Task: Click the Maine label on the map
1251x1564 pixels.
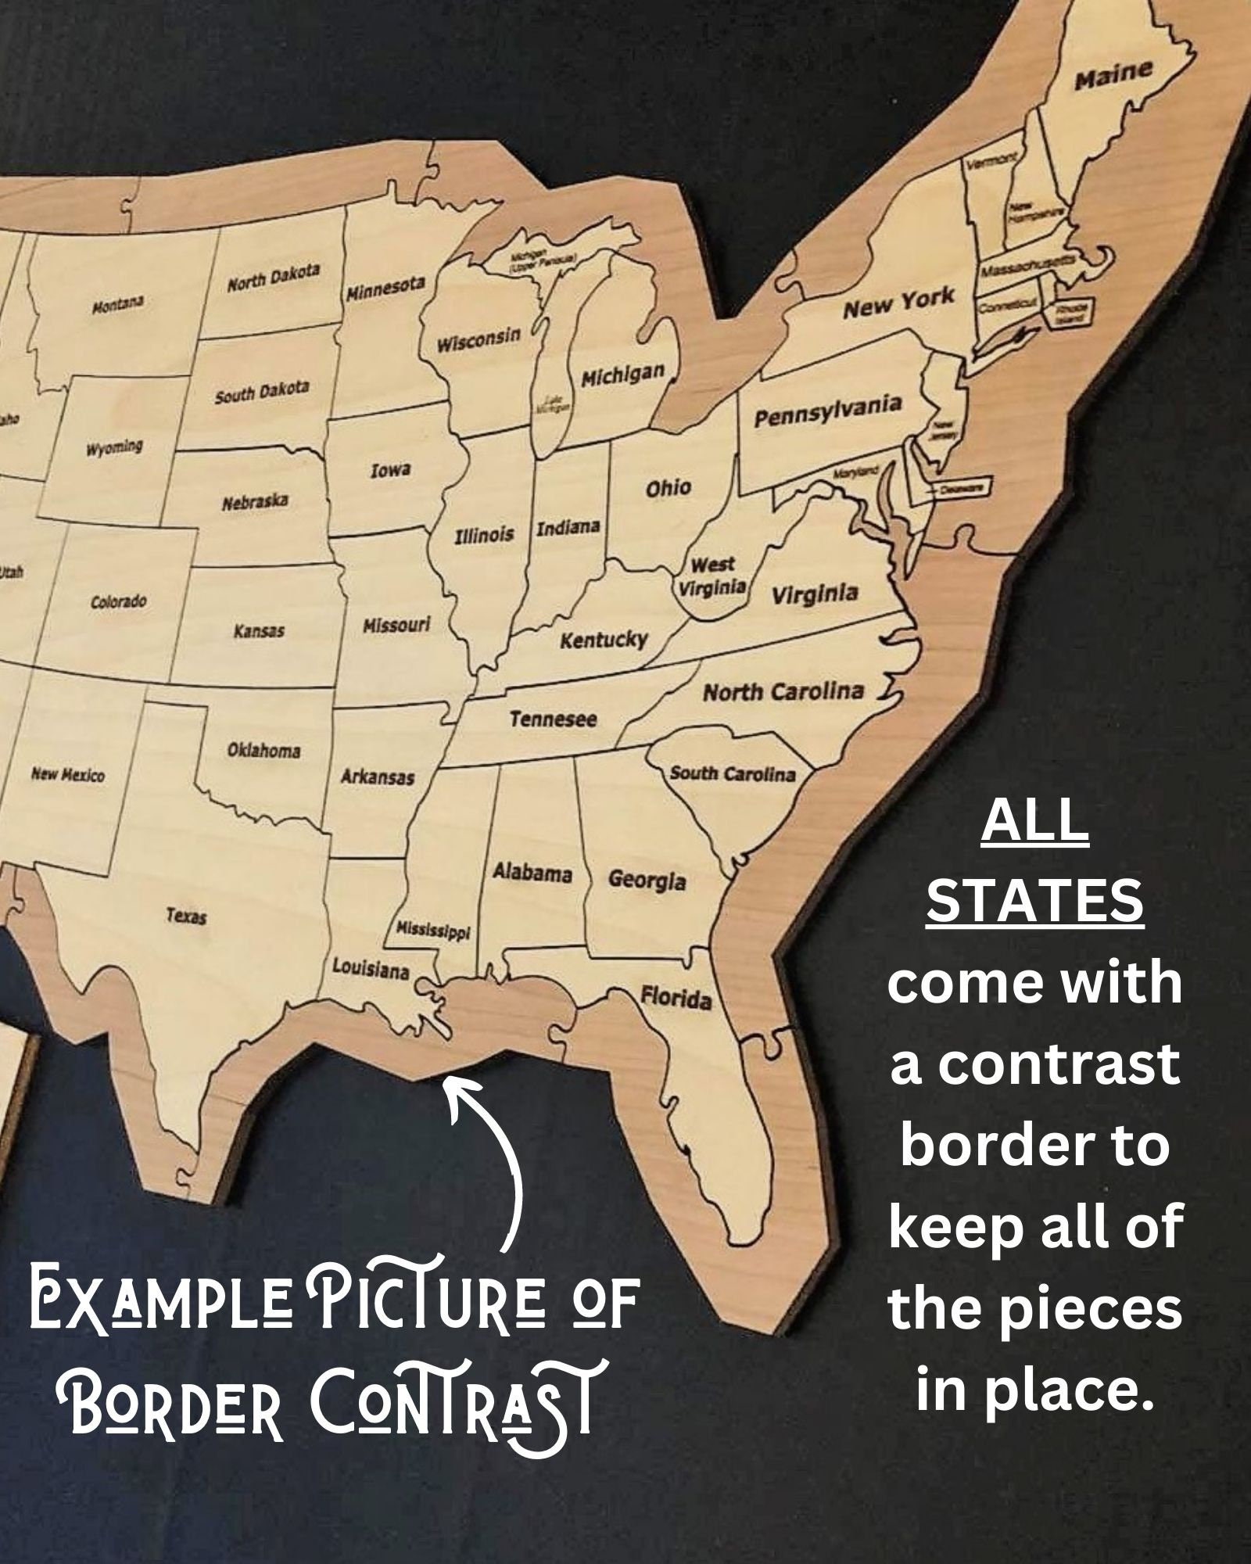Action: tap(1113, 75)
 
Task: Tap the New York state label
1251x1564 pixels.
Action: tap(898, 302)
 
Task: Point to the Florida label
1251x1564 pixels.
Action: tap(676, 997)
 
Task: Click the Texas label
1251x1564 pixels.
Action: tap(186, 915)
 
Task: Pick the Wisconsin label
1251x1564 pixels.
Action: tap(479, 339)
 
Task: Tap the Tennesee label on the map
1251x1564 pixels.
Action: tap(553, 718)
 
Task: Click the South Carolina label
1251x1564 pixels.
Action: tap(732, 774)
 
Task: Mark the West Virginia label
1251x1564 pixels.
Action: tap(713, 576)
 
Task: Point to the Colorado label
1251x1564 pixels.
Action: tap(118, 602)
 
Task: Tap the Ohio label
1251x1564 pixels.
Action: tap(668, 488)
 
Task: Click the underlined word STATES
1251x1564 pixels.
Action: tap(1034, 901)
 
